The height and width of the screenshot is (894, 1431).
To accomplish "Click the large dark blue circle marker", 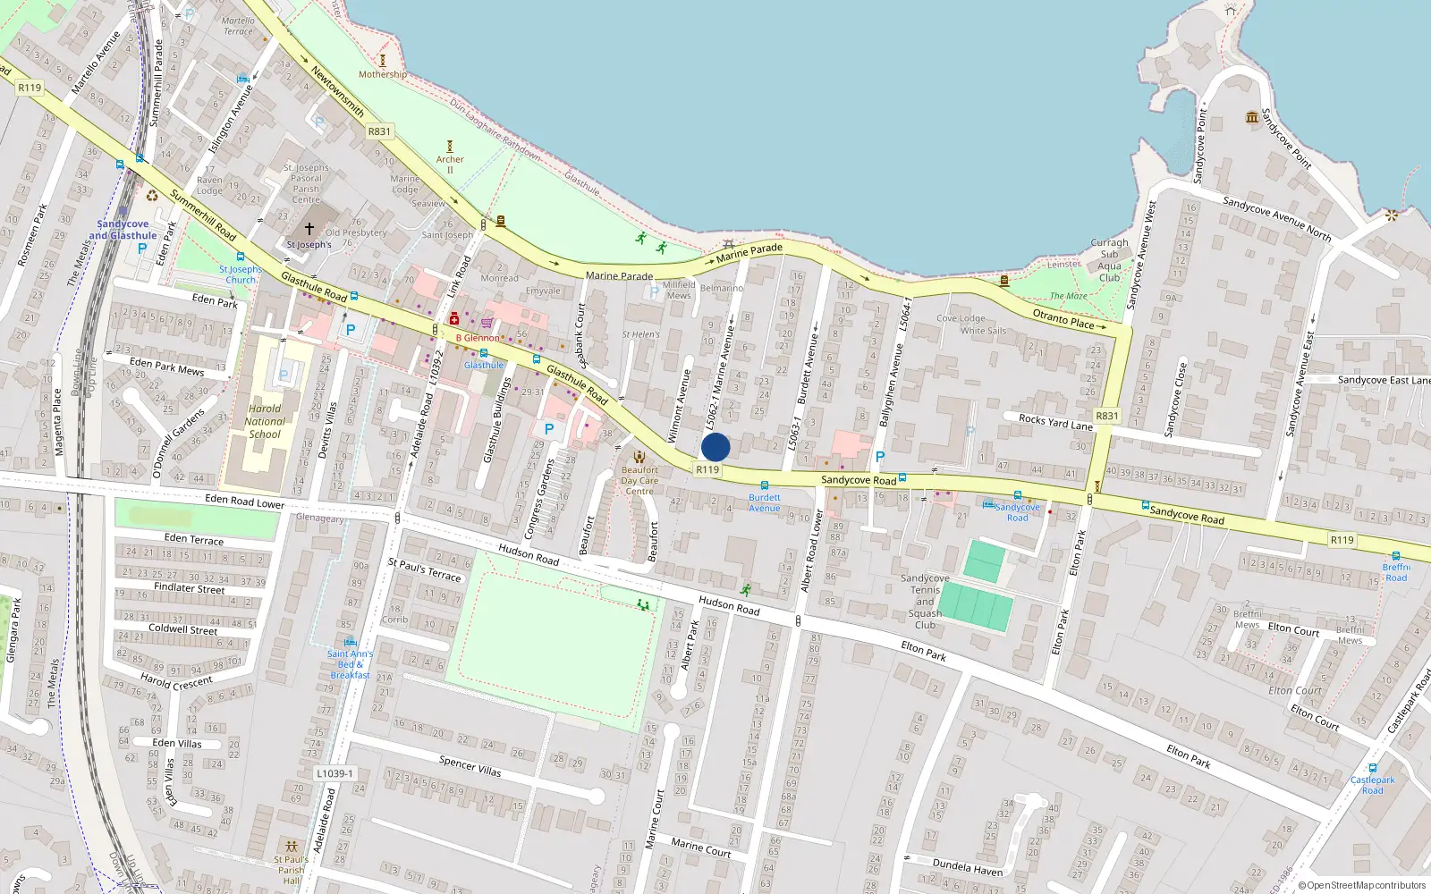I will [715, 447].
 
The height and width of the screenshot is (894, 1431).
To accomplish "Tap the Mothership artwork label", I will [383, 75].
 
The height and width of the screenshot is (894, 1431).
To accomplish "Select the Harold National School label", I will [265, 421].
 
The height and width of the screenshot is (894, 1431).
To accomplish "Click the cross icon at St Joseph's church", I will [309, 229].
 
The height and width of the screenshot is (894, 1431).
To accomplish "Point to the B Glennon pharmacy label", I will [478, 338].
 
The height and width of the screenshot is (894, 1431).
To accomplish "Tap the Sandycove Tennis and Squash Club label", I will [925, 601].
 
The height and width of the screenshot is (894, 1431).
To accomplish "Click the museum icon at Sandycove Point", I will [1252, 117].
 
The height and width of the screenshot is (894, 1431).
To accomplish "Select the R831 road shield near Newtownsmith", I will [379, 131].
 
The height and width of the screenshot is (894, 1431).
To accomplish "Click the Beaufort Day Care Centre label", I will [639, 480].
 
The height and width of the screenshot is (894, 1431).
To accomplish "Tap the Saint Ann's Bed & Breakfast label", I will [350, 664].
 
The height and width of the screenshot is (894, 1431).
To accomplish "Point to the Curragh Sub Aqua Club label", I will [1109, 260].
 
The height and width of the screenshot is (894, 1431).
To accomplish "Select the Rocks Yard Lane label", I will [1055, 421].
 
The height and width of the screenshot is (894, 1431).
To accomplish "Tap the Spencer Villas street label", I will [470, 765].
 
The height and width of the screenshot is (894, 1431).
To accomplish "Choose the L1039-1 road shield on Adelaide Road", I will [334, 773].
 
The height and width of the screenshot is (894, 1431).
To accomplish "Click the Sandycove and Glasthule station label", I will [123, 230].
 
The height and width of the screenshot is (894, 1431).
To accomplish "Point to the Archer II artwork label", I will [450, 164].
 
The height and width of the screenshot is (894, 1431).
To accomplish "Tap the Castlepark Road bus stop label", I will [1373, 785].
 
